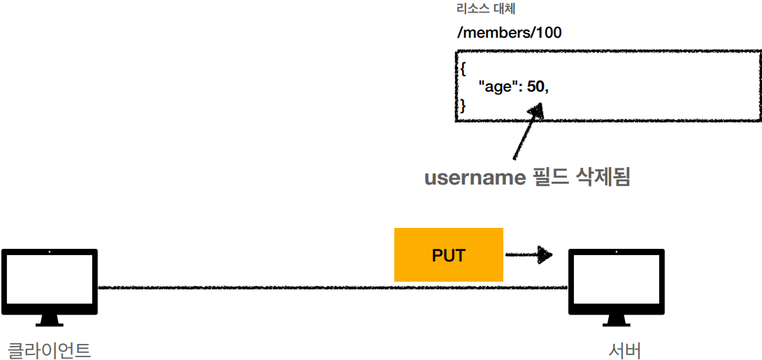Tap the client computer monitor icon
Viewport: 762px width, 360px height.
point(49,281)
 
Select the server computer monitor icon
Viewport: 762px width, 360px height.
point(616,281)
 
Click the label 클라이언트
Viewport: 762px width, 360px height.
point(49,350)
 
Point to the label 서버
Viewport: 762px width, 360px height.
point(625,350)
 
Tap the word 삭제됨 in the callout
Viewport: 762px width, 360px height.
point(603,178)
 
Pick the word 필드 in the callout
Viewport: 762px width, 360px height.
point(551,178)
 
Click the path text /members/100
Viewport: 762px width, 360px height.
point(508,33)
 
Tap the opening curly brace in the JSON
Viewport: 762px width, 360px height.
point(462,69)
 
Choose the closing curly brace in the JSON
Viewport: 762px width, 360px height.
point(462,106)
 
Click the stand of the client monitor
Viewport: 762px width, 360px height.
point(49,320)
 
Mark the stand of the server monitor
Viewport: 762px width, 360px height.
point(616,320)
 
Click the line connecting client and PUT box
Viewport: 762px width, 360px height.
point(245,287)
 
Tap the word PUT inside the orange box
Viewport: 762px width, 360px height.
point(449,255)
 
